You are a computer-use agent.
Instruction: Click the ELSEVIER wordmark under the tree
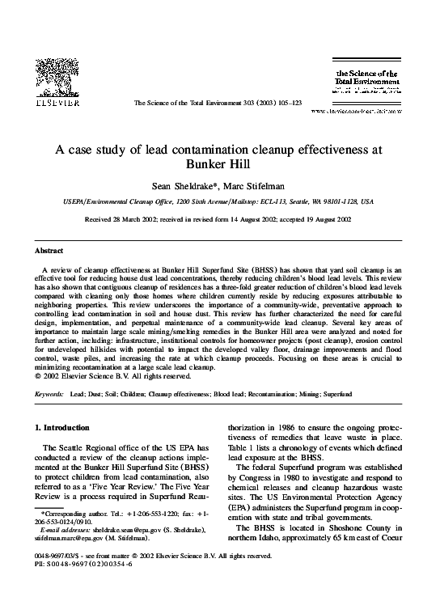tap(54, 104)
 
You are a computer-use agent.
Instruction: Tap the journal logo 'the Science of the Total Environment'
tap(365, 78)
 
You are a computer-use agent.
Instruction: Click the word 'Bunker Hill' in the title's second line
tap(220, 163)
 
